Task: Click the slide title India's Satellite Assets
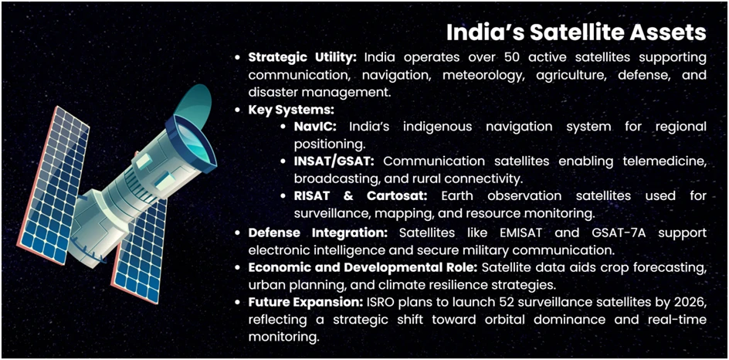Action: pyautogui.click(x=576, y=32)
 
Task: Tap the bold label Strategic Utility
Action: pyautogui.click(x=303, y=58)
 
